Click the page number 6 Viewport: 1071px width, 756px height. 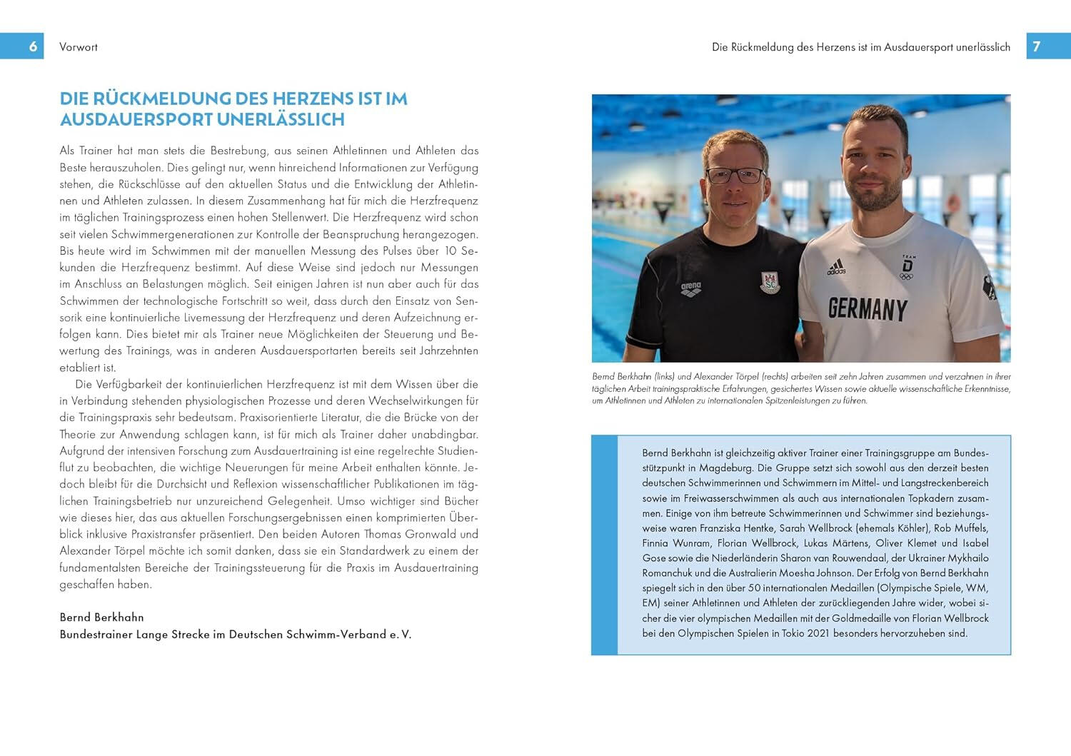click(33, 46)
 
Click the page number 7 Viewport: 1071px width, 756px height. click(1037, 46)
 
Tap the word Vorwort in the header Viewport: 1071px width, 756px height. click(79, 47)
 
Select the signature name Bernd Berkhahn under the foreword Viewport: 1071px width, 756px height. click(101, 617)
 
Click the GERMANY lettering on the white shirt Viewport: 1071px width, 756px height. click(868, 308)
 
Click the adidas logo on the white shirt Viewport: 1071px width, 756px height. click(836, 268)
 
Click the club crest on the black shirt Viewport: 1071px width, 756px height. click(770, 281)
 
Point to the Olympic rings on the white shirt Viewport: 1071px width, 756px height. click(906, 276)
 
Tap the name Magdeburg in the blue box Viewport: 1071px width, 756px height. click(721, 468)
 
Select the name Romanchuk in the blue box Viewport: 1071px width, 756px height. click(667, 573)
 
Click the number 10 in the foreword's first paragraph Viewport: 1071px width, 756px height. click(451, 251)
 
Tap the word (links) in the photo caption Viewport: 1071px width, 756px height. click(664, 376)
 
